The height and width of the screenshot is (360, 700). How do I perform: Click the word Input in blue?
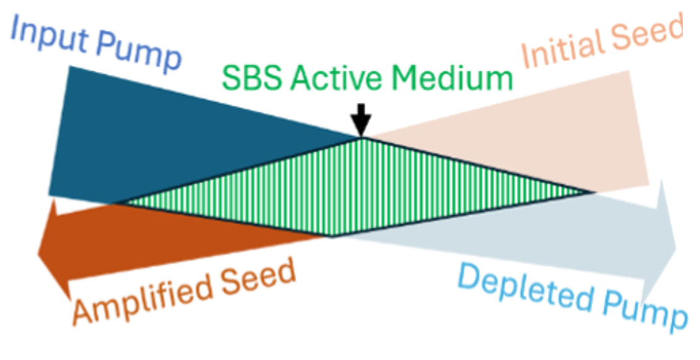pos(48,35)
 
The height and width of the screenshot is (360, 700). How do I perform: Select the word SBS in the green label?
pos(252,78)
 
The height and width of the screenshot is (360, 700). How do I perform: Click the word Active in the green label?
pos(336,78)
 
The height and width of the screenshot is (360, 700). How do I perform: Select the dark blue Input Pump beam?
pos(147,143)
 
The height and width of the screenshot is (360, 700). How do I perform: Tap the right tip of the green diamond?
pos(594,192)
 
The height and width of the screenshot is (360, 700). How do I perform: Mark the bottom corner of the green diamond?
pos(331,236)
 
